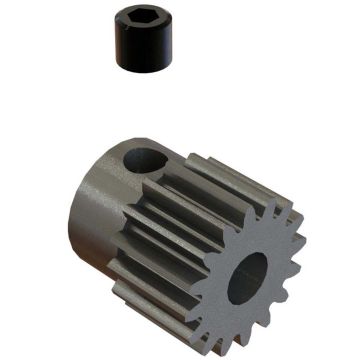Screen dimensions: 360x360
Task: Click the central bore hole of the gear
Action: (247, 278)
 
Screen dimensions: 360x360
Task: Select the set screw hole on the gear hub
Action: (147, 160)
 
